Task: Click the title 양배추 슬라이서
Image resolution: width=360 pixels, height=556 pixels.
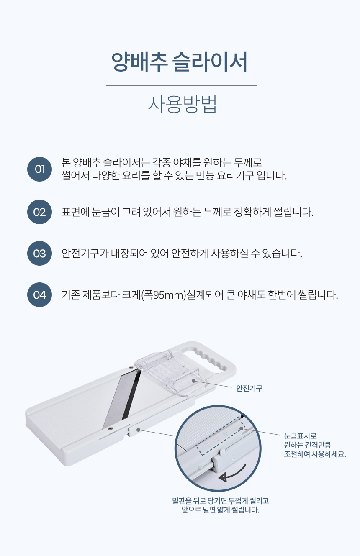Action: (x=179, y=62)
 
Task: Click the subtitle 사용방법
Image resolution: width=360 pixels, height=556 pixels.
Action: (x=182, y=105)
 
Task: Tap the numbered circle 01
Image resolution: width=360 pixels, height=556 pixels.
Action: (x=39, y=169)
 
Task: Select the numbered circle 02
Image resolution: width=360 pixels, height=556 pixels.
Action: (x=39, y=212)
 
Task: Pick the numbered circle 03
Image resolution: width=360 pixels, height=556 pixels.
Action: (x=39, y=254)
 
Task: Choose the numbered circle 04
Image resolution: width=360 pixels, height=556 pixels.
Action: (x=39, y=295)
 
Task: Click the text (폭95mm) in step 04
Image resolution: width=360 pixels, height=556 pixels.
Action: (x=163, y=295)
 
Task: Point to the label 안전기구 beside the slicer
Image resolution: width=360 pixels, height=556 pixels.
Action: (x=249, y=388)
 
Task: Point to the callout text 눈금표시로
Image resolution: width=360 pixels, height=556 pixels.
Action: (x=301, y=436)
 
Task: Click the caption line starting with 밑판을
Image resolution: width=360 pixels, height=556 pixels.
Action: (x=221, y=501)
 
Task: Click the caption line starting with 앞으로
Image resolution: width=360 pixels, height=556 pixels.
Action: (x=221, y=510)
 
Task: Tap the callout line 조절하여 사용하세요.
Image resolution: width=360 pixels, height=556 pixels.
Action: (x=315, y=454)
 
